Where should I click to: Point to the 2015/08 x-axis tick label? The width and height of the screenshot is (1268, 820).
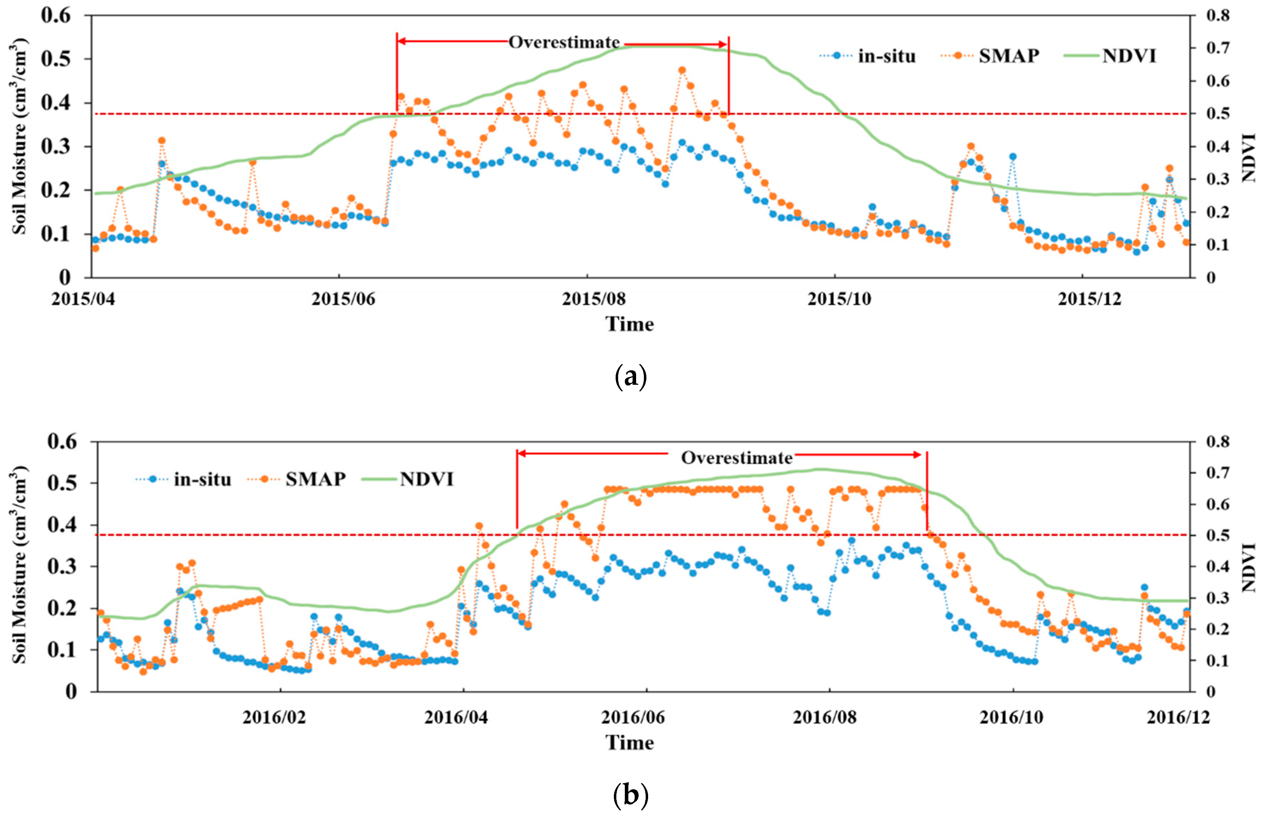[593, 299]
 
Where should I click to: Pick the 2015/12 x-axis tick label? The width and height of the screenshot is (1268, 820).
[1089, 299]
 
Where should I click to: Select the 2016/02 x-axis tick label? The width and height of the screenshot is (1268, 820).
[274, 717]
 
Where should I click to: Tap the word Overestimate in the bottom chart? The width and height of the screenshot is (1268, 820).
[737, 457]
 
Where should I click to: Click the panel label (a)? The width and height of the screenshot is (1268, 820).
[631, 377]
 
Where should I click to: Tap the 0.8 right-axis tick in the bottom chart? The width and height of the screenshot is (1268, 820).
[1219, 441]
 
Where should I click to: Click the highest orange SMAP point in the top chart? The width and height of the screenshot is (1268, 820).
[682, 70]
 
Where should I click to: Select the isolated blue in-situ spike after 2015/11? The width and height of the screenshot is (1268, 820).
[1012, 156]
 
